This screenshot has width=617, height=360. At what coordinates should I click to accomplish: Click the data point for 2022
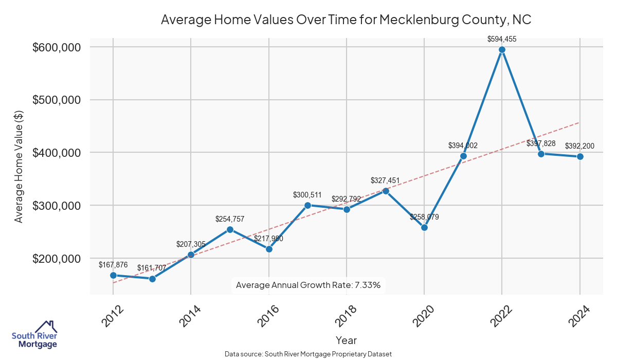coord(502,49)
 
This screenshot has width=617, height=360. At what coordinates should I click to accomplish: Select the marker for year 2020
coord(424,227)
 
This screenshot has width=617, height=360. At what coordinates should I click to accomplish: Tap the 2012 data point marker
coord(113,275)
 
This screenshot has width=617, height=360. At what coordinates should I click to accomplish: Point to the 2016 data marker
coord(269,249)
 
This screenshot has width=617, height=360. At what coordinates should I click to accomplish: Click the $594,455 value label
coord(502,39)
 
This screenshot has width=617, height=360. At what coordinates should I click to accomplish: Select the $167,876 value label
coord(113,264)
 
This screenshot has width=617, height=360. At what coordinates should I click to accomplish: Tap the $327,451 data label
coord(385,181)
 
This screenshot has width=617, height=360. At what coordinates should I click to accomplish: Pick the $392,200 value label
coord(579,146)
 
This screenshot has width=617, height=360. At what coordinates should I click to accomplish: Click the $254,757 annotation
coord(230,219)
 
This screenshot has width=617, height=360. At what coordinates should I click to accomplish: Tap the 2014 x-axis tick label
coord(189,316)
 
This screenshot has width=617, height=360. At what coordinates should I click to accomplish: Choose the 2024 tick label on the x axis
coord(578,316)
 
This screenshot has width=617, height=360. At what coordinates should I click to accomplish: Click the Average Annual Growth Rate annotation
coord(308,285)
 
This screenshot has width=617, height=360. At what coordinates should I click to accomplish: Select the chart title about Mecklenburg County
coord(346,20)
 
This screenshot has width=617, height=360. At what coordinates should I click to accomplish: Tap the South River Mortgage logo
coord(34,335)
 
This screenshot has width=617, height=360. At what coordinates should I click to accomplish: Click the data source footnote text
coord(308,354)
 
